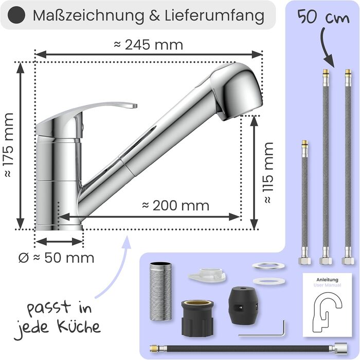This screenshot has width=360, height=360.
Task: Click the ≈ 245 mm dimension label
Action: point(148,45)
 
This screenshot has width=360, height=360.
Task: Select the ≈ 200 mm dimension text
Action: point(176,206)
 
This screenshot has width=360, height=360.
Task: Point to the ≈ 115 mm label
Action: point(268,173)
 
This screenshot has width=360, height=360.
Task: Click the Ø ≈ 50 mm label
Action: point(57,258)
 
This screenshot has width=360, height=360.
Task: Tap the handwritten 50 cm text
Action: point(323,17)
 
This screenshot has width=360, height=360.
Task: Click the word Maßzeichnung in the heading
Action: point(88,15)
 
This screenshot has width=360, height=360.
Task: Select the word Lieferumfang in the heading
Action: point(214,15)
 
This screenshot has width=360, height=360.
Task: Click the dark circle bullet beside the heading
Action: point(16,15)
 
